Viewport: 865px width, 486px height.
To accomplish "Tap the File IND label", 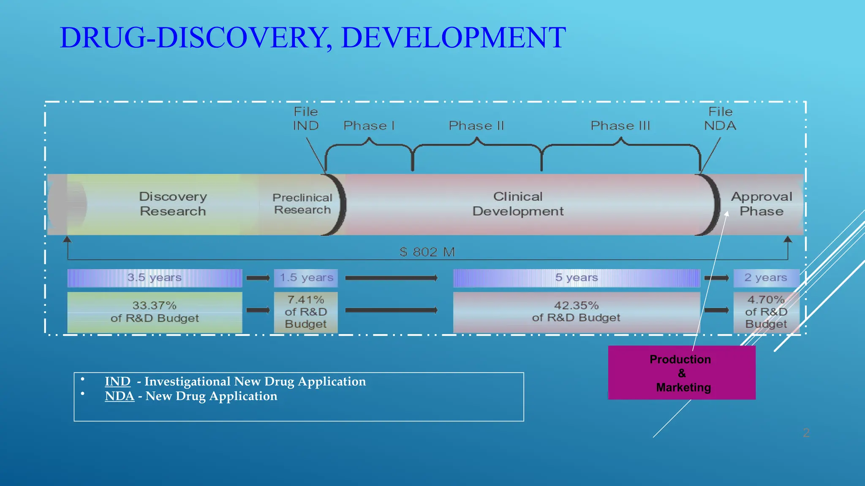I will (306, 119).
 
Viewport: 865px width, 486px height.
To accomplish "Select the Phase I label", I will (369, 126).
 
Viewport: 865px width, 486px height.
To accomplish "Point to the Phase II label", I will (476, 126).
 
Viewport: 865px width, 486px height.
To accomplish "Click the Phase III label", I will (620, 126).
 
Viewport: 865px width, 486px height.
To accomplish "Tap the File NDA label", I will (720, 119).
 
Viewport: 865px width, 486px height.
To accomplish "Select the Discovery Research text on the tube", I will (173, 204).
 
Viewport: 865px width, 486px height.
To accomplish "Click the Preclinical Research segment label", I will (302, 204).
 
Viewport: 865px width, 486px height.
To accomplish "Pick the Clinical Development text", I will (518, 204).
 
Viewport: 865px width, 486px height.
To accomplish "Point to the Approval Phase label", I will (762, 204).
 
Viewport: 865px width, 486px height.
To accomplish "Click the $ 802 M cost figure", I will (427, 252).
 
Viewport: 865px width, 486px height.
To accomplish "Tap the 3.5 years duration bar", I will (155, 278).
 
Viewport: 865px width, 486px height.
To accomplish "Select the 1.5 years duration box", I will (306, 278).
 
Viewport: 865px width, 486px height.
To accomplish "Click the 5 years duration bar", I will (577, 278).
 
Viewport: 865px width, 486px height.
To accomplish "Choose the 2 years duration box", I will (766, 278).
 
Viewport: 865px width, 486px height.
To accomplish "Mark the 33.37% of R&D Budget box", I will (155, 312).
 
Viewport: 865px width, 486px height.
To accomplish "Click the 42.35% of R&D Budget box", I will (577, 312).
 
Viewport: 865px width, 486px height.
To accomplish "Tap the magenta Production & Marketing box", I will (681, 373).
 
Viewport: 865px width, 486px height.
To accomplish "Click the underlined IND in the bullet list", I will (117, 381).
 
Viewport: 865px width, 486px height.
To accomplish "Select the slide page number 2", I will (806, 433).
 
